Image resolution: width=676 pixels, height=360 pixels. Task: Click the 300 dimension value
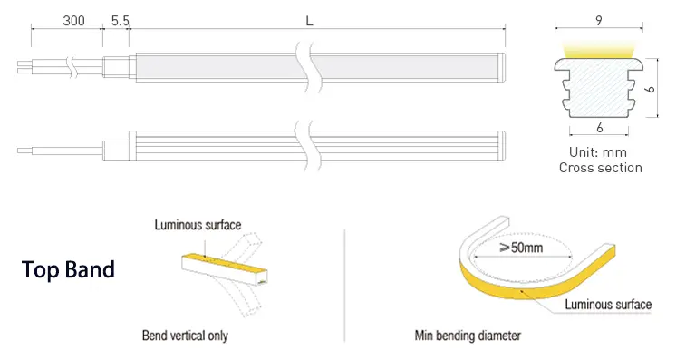73,21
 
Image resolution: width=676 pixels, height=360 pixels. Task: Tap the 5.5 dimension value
121,21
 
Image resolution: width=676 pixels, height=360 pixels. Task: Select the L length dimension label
309,21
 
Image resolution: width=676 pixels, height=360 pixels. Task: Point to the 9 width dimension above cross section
599,20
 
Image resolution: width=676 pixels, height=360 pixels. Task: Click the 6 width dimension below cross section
599,128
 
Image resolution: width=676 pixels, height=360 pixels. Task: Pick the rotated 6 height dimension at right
650,90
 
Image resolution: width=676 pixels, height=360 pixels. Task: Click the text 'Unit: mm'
597,152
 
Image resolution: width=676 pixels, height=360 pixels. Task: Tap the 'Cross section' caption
601,168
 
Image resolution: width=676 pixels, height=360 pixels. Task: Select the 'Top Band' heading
68,270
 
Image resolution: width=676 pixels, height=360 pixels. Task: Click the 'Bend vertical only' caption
185,336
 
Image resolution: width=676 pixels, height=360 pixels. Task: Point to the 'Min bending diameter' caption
468,336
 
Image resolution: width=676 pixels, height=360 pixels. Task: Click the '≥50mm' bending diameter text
521,248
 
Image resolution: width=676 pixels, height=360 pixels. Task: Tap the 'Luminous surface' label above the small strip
198,225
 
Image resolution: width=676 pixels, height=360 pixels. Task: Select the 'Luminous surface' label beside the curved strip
608,305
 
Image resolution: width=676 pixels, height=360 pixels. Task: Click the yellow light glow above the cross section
599,50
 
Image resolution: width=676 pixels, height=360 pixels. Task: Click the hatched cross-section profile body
599,88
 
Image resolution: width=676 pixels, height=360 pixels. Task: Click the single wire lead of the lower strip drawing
60,151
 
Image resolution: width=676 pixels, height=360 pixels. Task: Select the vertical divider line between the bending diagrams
345,286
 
